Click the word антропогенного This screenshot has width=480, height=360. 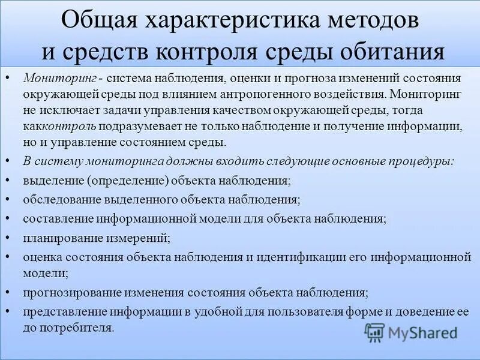pos(280,95)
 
